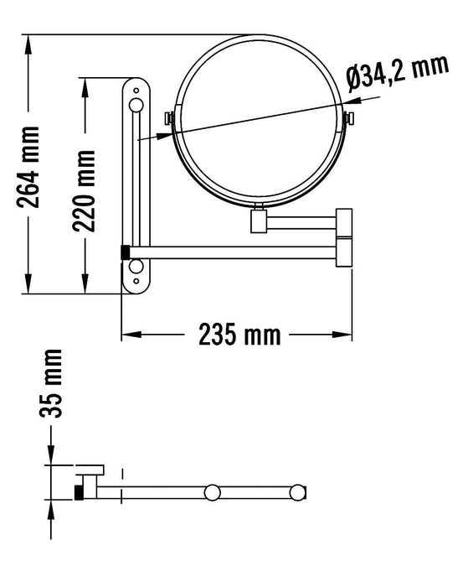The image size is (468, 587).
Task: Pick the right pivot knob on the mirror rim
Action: click(x=351, y=120)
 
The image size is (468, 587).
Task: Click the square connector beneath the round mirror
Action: click(x=260, y=221)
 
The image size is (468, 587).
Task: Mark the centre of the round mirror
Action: click(x=260, y=120)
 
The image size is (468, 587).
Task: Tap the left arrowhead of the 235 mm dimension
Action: click(x=127, y=335)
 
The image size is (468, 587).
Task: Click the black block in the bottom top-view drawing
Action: click(x=80, y=491)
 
